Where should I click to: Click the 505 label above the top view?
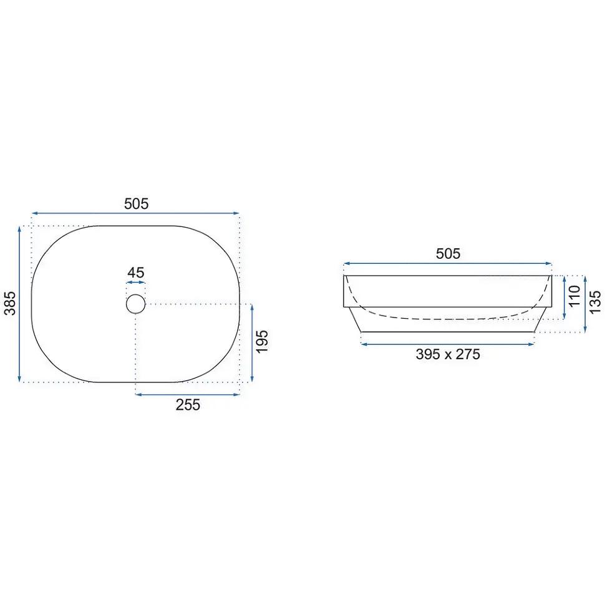[136, 204]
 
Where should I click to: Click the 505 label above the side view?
[448, 253]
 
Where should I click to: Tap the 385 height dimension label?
[10, 303]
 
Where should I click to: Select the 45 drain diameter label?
[136, 273]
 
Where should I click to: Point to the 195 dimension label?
[262, 341]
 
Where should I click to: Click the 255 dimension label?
[188, 405]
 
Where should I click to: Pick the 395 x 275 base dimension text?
[448, 354]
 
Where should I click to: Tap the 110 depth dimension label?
[574, 296]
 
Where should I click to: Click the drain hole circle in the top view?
[136, 295]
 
